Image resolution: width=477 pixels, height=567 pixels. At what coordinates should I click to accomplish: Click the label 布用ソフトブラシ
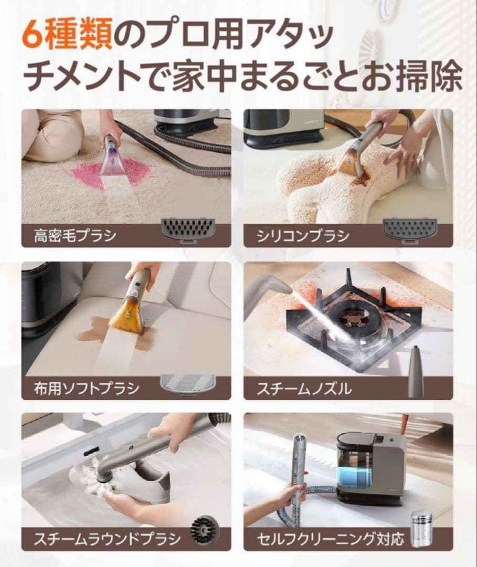click(83, 388)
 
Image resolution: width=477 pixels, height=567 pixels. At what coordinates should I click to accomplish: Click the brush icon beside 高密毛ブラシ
click(187, 229)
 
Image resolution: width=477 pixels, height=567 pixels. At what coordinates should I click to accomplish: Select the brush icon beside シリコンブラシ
click(409, 229)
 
